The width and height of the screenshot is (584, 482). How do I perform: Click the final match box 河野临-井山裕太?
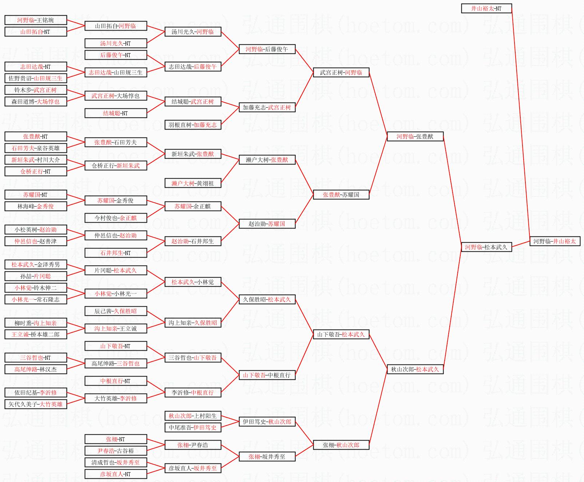click(555, 241)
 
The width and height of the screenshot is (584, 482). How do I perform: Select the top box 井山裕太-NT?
click(486, 8)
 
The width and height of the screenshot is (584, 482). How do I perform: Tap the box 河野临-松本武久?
click(486, 247)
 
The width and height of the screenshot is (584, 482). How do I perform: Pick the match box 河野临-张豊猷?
click(415, 136)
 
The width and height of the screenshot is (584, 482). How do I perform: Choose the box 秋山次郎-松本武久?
click(415, 369)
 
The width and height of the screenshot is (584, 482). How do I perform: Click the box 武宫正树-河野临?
click(341, 72)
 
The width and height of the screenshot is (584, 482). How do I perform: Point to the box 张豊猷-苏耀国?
click(341, 195)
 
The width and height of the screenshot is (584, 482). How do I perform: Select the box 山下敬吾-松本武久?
click(341, 334)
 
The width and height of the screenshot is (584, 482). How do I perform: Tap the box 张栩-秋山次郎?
click(341, 445)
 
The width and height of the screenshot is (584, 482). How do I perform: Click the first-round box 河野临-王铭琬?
click(36, 20)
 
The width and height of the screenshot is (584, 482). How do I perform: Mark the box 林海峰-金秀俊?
click(36, 206)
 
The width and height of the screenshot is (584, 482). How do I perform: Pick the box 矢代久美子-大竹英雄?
click(36, 404)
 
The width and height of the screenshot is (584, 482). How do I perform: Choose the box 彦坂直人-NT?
click(116, 474)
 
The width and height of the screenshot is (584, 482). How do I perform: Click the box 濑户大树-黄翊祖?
click(193, 183)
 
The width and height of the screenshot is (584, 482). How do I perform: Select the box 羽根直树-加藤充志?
click(193, 125)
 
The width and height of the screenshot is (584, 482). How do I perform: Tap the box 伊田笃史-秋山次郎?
click(267, 422)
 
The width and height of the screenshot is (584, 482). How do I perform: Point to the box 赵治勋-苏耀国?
click(267, 224)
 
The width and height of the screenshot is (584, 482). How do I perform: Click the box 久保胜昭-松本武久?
click(267, 299)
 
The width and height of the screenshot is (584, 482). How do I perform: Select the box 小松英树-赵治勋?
click(36, 230)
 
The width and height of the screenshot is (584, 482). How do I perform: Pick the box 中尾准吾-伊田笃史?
click(193, 427)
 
